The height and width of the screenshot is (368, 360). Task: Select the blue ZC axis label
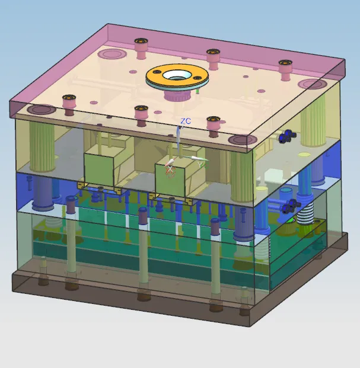click(186, 121)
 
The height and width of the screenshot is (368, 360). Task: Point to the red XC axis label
click(170, 171)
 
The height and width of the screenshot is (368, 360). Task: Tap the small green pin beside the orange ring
click(197, 91)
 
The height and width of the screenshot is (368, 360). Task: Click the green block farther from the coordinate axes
click(98, 169)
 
